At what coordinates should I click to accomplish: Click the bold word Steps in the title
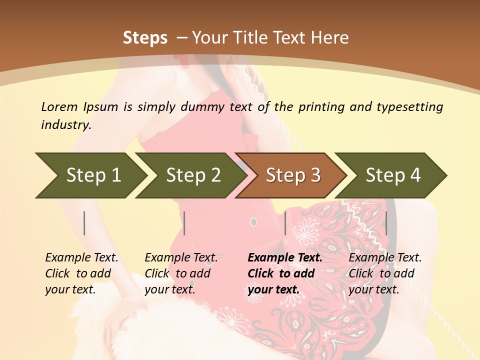pos(145,38)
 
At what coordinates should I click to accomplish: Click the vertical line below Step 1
pos(84,223)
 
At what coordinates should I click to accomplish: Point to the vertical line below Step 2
pos(184,223)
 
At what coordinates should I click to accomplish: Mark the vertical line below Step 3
pos(285,223)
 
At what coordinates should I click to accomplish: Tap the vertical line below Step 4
pos(386,223)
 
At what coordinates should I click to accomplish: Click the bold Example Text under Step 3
pos(285,258)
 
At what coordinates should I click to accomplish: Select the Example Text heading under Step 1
pos(81,258)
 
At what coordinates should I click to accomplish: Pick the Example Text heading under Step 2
pos(181,258)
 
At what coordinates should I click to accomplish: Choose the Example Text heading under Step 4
pos(385,258)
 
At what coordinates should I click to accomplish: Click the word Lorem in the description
pos(59,107)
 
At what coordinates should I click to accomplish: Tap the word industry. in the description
pos(66,125)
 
